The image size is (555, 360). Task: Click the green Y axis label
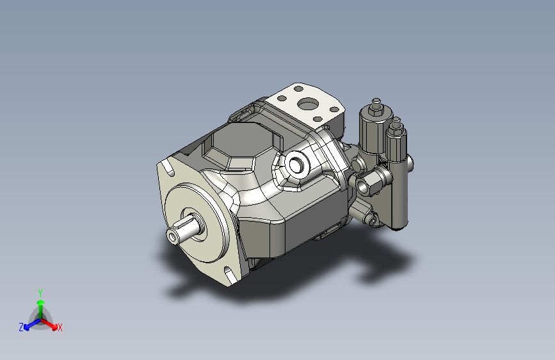click(x=40, y=293)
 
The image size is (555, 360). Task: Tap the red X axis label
click(x=60, y=327)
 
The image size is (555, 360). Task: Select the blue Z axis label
click(x=21, y=327)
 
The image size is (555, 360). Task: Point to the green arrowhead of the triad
click(x=41, y=302)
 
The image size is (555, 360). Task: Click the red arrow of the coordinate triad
click(x=49, y=323)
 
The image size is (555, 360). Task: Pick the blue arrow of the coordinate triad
click(x=33, y=324)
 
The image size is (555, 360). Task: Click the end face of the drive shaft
click(x=173, y=236)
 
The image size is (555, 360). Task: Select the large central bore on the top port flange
click(x=308, y=105)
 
